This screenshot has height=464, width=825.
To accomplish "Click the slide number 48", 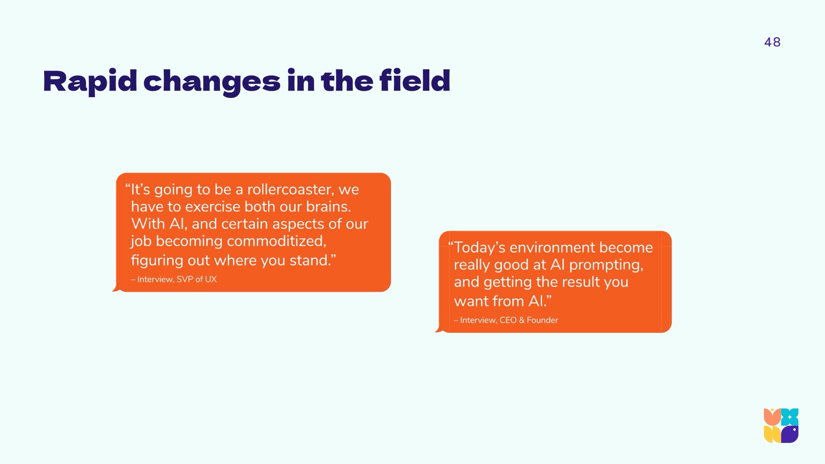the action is [x=772, y=42].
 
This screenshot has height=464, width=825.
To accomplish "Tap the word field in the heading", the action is [x=415, y=80].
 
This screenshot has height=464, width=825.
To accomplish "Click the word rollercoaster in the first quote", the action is [x=290, y=189].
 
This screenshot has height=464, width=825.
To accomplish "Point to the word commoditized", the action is [x=276, y=241].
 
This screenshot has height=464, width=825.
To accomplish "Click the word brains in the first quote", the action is [x=328, y=207].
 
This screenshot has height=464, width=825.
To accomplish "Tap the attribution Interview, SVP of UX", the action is [x=174, y=279].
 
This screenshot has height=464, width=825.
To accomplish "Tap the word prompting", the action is [x=606, y=265].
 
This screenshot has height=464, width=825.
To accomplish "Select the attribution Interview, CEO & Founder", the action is [x=506, y=320].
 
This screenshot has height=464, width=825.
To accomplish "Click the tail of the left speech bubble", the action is [x=116, y=288].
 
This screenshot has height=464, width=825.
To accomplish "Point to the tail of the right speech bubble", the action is [x=439, y=329].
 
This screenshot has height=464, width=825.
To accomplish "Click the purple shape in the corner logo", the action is [x=790, y=434].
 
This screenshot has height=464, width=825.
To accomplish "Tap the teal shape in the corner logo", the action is [x=790, y=417].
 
